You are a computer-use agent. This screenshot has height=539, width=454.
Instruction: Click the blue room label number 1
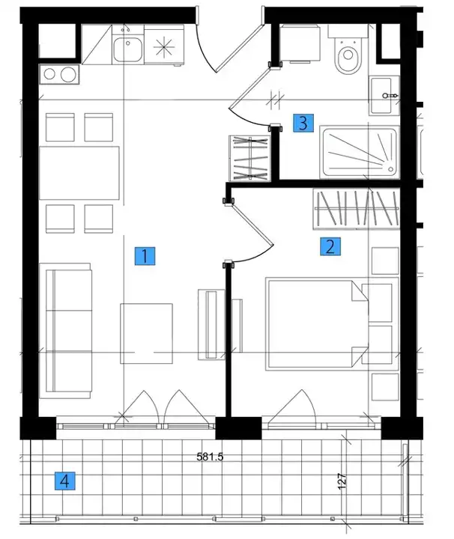[x=145, y=256]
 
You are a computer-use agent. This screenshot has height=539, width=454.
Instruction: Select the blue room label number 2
[x=330, y=246]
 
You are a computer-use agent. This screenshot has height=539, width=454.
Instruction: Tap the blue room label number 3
[x=303, y=123]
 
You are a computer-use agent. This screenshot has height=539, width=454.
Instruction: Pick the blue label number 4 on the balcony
[x=65, y=481]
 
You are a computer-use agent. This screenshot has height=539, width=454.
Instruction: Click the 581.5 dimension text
[x=210, y=457]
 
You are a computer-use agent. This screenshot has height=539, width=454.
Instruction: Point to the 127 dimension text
[x=342, y=481]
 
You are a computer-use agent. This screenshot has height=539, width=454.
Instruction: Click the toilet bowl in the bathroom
[x=348, y=55]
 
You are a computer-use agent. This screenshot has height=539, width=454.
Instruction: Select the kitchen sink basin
[x=127, y=49]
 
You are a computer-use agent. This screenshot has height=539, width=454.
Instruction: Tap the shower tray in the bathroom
[x=360, y=152]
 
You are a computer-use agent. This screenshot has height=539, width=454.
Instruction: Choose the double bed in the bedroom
[x=316, y=324]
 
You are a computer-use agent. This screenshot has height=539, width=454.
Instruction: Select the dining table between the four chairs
[x=79, y=173]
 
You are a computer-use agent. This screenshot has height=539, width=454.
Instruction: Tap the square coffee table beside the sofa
[x=147, y=333]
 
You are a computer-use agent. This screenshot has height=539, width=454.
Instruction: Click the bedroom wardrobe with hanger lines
[x=357, y=209]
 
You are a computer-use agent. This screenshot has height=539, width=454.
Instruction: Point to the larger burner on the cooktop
[x=68, y=75]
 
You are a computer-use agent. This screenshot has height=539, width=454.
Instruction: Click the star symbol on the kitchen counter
[x=164, y=46]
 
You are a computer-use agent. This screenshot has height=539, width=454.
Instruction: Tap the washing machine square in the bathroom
[x=300, y=43]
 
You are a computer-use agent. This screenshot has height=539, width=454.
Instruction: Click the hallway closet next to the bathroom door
[x=250, y=158]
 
